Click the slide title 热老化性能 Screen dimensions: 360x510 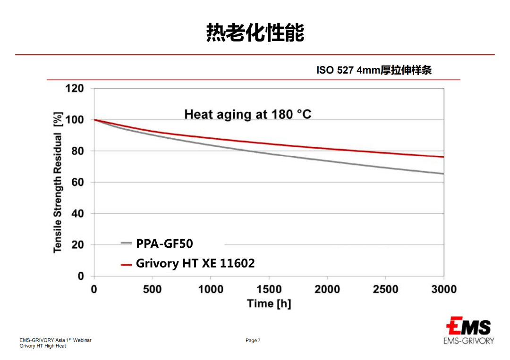tap(255, 33)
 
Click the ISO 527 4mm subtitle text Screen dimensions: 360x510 tap(374, 70)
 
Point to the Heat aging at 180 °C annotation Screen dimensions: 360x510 tap(248, 114)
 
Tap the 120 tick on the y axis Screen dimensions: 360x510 tap(74, 89)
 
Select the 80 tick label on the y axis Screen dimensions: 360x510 tap(77, 151)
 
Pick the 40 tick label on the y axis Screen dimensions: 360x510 tap(77, 213)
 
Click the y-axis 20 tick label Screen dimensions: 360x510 tap(77, 244)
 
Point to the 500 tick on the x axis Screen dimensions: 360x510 tap(152, 289)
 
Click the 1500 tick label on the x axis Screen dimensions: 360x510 tap(269, 289)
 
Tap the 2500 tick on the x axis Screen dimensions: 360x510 tap(385, 289)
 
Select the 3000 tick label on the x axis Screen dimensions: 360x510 tap(443, 289)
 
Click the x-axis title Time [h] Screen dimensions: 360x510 tap(269, 303)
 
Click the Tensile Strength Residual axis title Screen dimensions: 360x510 tap(58, 182)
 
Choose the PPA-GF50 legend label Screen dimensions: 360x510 tap(164, 243)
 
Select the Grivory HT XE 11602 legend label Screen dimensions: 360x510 tap(195, 263)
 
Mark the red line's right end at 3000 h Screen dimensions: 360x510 tap(443, 157)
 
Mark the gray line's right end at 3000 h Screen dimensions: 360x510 tap(443, 174)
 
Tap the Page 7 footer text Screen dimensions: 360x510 tap(253, 341)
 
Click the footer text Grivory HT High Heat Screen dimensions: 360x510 tap(42, 346)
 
